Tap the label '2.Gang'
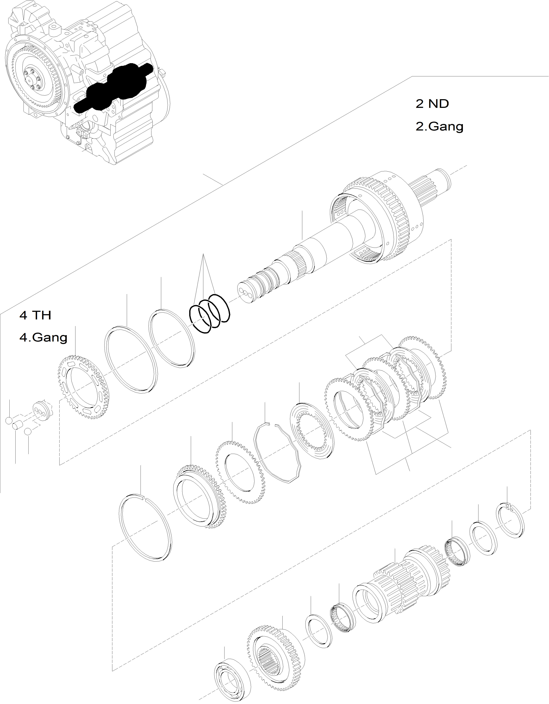point(439,126)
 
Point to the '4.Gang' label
point(43,338)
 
